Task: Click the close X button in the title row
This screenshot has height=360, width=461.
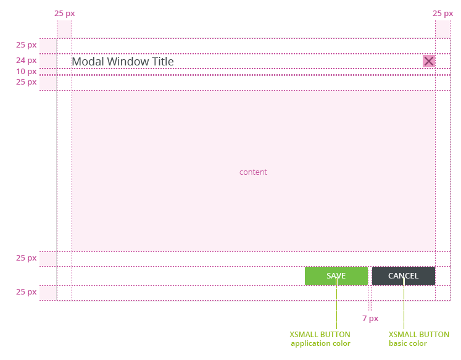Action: pos(429,61)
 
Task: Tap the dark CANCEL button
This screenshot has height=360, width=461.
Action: pos(404,276)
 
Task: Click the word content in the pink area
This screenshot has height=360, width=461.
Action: pos(253,172)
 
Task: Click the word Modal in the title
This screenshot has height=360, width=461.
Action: pos(88,62)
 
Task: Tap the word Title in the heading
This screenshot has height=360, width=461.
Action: pos(162,62)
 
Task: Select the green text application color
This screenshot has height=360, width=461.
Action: pos(320,343)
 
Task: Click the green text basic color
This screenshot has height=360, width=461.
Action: pos(408,343)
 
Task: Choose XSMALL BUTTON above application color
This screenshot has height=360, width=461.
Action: pos(320,335)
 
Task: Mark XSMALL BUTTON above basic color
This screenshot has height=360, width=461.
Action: pos(419,335)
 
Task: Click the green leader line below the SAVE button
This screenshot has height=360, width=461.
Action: pos(336,303)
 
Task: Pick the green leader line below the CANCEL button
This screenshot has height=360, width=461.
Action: pos(404,303)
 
